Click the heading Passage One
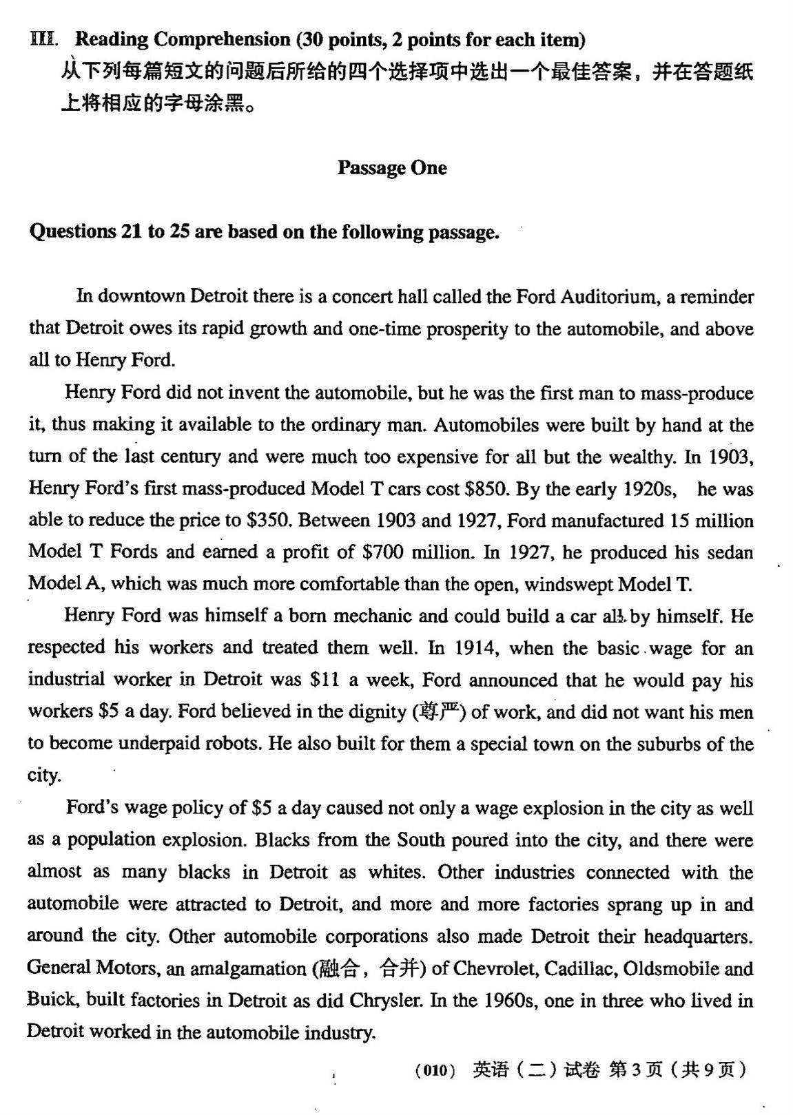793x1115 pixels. [391, 168]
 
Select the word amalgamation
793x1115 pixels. [247, 968]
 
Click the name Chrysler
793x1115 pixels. [385, 1000]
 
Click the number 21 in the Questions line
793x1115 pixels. [132, 231]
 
